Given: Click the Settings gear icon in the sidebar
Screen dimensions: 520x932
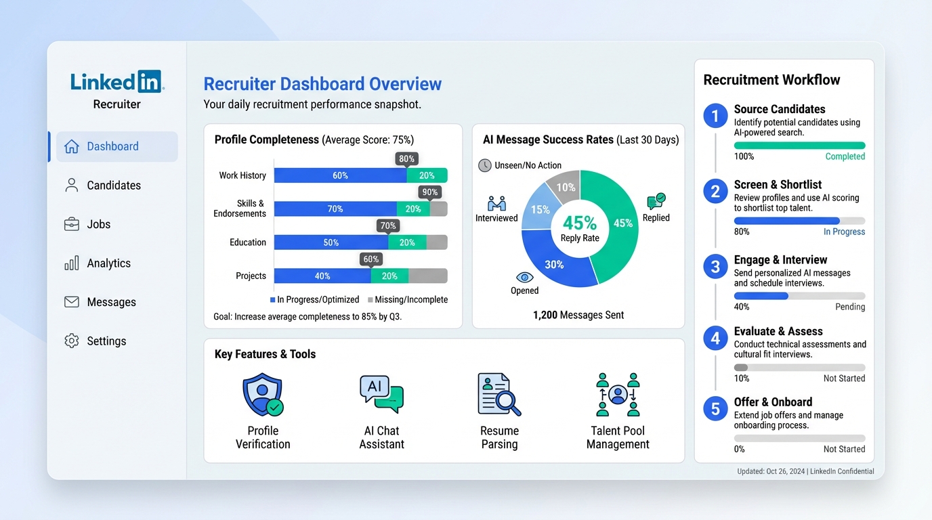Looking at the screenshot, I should pyautogui.click(x=72, y=341).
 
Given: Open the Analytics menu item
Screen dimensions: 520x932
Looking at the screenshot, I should pyautogui.click(x=108, y=263).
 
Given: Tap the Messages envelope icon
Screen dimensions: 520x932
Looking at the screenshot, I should pyautogui.click(x=72, y=302).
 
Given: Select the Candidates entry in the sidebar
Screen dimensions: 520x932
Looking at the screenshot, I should pyautogui.click(x=113, y=186).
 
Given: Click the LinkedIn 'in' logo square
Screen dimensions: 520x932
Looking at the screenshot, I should pyautogui.click(x=149, y=82).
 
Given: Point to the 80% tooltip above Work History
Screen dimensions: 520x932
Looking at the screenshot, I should pyautogui.click(x=406, y=159).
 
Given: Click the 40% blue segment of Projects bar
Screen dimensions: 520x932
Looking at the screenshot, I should pyautogui.click(x=322, y=276).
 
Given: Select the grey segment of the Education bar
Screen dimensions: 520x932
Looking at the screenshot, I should pyautogui.click(x=437, y=242).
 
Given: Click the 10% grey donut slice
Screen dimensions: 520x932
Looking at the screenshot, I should pyautogui.click(x=564, y=188).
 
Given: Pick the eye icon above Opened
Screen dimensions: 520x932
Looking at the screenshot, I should pyautogui.click(x=524, y=277).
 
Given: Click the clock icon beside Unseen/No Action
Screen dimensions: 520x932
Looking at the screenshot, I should pyautogui.click(x=485, y=165).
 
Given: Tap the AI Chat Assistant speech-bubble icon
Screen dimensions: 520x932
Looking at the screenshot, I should pyautogui.click(x=381, y=394).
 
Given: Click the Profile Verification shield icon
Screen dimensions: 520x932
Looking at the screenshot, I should pyautogui.click(x=263, y=395).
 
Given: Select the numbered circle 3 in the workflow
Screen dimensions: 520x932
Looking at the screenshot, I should pyautogui.click(x=715, y=267).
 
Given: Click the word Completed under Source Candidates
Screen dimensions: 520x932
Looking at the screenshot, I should pyautogui.click(x=845, y=156).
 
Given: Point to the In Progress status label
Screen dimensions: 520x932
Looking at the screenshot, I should pyautogui.click(x=844, y=232).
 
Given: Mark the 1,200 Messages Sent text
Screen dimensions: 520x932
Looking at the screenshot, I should pyautogui.click(x=578, y=315).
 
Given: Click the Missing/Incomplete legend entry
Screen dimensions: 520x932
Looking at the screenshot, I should pyautogui.click(x=408, y=299).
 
